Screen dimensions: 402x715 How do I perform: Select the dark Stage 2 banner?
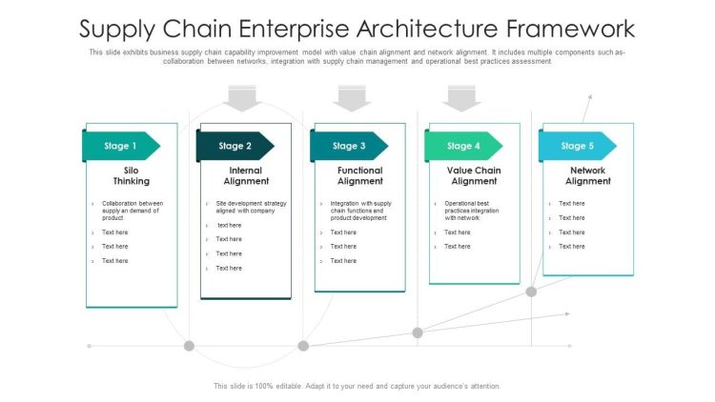coord(235,146)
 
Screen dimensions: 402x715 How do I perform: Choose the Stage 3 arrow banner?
coord(349,146)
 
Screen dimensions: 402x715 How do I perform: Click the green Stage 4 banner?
coord(463,146)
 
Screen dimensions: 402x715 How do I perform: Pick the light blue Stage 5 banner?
coord(578,146)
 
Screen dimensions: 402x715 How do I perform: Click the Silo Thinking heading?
coord(132,175)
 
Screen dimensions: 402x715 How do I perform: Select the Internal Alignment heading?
coord(246,175)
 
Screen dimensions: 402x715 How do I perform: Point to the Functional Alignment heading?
coord(360,175)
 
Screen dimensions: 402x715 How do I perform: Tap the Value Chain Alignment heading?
coord(474,175)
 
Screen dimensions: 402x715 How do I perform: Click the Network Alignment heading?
coord(587,175)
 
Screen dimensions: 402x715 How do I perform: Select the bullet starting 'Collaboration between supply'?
coord(133,211)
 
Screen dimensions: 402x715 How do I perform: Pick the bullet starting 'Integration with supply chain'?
coord(360,211)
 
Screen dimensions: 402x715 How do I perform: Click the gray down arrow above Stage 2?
coord(244,97)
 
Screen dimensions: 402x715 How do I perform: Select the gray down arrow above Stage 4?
coord(463,97)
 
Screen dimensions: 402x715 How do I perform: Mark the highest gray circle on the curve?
coord(531,291)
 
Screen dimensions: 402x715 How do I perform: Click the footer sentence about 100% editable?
coord(357,386)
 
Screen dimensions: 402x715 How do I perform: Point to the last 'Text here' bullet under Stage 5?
coord(572,247)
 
